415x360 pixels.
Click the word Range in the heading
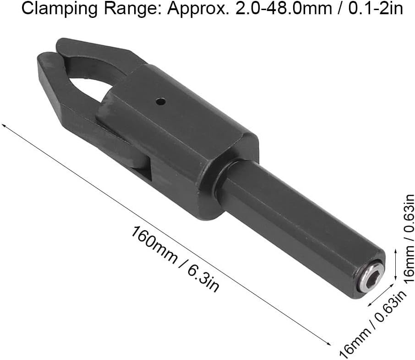[131, 9]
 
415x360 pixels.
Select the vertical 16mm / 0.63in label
[409, 238]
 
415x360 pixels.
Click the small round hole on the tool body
[161, 101]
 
